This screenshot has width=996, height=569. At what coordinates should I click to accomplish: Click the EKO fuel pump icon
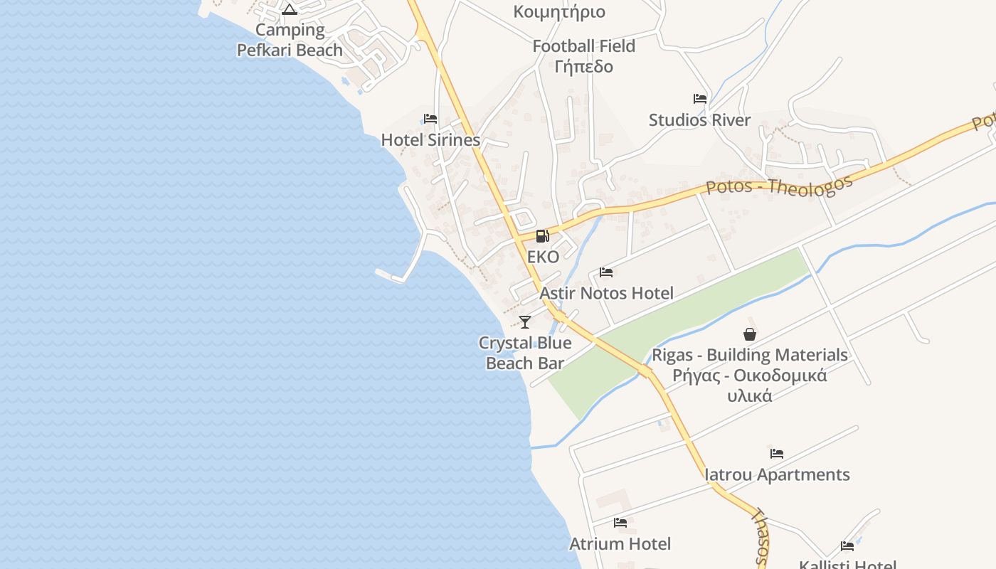[x=542, y=235]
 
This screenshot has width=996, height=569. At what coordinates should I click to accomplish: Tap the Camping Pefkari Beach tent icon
[x=289, y=9]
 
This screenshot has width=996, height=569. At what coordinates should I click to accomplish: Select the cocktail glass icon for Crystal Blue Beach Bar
[x=525, y=322]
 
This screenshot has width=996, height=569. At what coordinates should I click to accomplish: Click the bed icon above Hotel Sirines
[x=430, y=119]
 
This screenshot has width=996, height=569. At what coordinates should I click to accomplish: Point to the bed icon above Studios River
[x=700, y=99]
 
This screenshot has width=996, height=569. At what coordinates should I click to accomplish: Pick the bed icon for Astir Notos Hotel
[x=606, y=272]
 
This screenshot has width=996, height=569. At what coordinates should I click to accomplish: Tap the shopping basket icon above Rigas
[x=750, y=334]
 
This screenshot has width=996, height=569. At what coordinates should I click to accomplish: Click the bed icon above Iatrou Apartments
[x=777, y=453]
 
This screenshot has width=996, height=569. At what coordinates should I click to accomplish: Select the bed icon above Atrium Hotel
[x=620, y=523]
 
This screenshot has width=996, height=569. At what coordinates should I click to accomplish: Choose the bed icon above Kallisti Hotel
[x=847, y=546]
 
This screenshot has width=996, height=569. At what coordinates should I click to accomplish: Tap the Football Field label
[x=584, y=46]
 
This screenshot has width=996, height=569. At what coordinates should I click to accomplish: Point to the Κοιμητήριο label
[x=559, y=11]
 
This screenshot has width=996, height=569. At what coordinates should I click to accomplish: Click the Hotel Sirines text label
[x=431, y=140]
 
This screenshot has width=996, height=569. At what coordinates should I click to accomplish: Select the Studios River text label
[x=699, y=120]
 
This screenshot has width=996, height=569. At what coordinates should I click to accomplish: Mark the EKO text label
[x=543, y=257]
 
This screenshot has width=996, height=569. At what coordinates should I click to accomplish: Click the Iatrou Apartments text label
[x=777, y=474]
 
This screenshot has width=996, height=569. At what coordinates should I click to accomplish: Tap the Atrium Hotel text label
[x=620, y=544]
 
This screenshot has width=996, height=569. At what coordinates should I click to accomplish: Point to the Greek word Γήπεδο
[x=584, y=67]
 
